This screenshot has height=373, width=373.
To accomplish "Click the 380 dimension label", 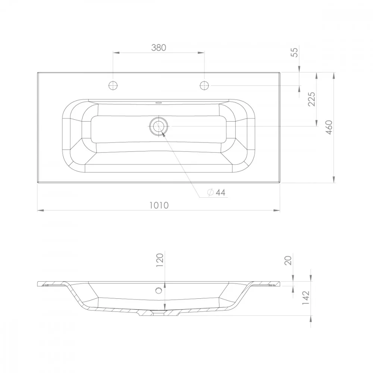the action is coord(159,48).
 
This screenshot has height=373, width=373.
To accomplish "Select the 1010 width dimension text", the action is coord(159,205).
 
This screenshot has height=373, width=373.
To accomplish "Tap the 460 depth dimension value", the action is coord(329,127).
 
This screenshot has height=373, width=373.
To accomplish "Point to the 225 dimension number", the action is coord(311,99).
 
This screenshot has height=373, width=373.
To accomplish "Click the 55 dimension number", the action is coord(295,52).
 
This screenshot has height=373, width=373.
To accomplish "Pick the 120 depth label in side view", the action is coord(160,260).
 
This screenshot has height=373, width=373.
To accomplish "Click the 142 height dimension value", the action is coord(306,298).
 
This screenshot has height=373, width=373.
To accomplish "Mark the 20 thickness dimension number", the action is coord(288,260).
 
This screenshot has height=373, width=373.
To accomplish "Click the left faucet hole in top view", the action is coord(113,85).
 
